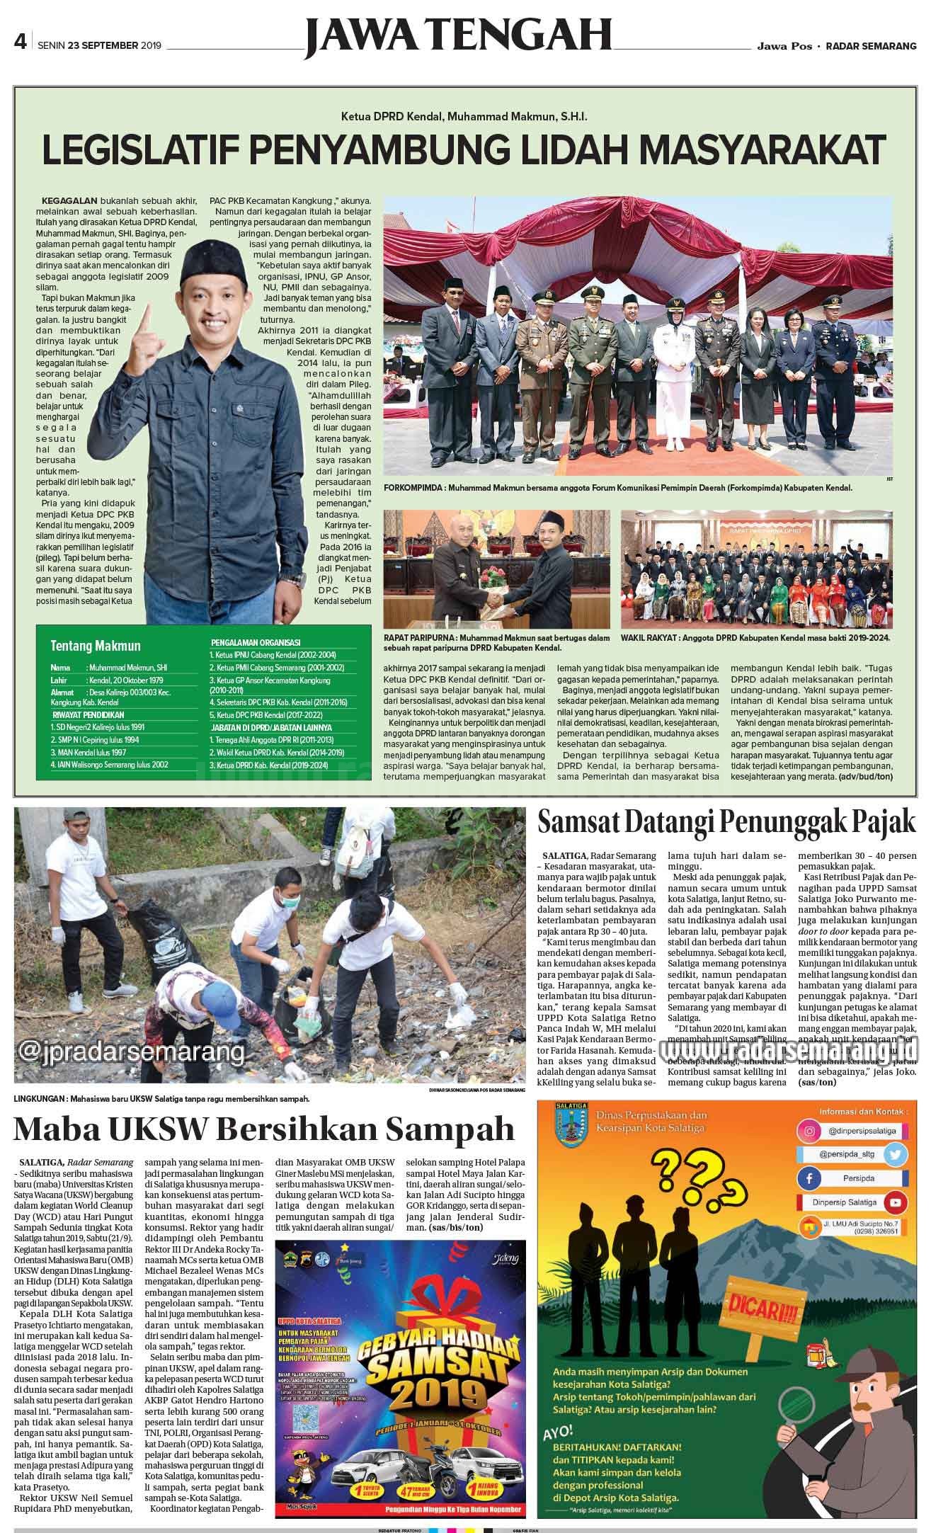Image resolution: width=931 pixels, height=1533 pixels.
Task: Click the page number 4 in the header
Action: point(20,45)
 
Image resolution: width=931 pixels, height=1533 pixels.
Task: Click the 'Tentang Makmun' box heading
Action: point(96,645)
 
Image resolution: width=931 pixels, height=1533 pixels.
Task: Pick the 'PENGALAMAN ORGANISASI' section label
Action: point(255,642)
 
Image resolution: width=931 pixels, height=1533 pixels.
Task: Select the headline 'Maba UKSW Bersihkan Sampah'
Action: point(264,1128)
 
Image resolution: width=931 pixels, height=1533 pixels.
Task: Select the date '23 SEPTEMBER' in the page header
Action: point(103,46)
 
